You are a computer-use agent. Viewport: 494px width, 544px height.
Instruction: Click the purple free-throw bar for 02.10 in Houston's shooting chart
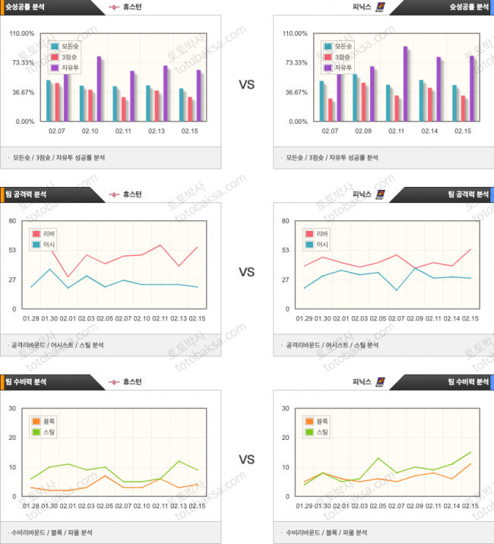pyautogui.click(x=99, y=89)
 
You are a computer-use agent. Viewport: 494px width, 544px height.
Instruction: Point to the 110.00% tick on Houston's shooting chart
pyautogui.click(x=21, y=34)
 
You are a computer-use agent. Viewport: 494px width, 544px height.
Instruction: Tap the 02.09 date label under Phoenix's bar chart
pyautogui.click(x=363, y=131)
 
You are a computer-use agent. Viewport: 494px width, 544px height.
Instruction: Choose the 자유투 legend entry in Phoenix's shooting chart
pyautogui.click(x=344, y=68)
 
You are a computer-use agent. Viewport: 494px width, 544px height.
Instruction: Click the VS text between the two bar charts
pyautogui.click(x=246, y=84)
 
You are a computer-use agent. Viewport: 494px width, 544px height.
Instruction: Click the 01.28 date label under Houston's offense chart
pyautogui.click(x=31, y=318)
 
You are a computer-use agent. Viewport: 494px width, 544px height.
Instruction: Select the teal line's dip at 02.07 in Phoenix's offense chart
pyautogui.click(x=397, y=290)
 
